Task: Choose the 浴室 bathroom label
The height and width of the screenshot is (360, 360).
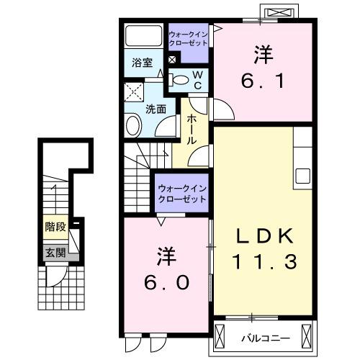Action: (141, 63)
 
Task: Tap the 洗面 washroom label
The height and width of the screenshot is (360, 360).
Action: (156, 109)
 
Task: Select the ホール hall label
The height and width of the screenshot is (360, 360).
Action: (193, 130)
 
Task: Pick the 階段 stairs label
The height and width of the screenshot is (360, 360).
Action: (55, 227)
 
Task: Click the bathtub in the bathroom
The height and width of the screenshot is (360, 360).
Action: (144, 37)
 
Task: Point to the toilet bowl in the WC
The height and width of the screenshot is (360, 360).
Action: (181, 79)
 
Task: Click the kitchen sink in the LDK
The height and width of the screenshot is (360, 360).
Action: (302, 176)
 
